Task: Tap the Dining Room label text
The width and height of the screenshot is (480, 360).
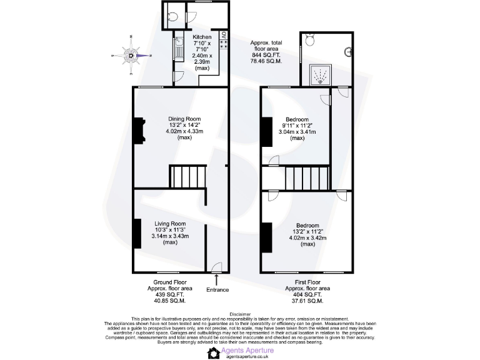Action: pyautogui.click(x=184, y=119)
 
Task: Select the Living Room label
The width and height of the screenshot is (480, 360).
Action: pyautogui.click(x=170, y=224)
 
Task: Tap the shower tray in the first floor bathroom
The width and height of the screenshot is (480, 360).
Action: pyautogui.click(x=320, y=74)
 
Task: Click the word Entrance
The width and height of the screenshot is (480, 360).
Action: pyautogui.click(x=217, y=289)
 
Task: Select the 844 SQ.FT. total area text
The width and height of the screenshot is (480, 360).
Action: pyautogui.click(x=266, y=55)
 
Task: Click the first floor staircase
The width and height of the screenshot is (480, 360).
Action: pyautogui.click(x=306, y=176)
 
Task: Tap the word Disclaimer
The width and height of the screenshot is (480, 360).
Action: pyautogui.click(x=240, y=314)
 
